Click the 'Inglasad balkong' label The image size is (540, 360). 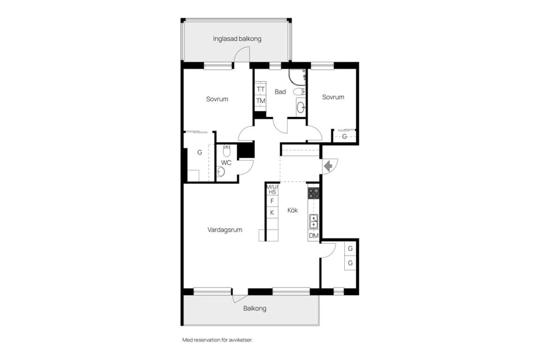click(x=237, y=39)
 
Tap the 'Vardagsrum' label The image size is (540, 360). click(x=225, y=229)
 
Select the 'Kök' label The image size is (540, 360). click(x=292, y=210)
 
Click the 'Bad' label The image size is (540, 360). click(x=280, y=92)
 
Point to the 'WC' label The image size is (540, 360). click(x=226, y=163)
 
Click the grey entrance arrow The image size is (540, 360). click(x=328, y=166)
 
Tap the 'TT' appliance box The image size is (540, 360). click(x=260, y=89)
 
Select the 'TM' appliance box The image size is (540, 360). click(x=260, y=101)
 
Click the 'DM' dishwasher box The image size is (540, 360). click(x=314, y=236)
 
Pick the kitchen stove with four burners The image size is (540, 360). click(x=314, y=193)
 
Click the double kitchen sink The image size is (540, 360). click(x=314, y=221)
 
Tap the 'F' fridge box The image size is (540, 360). click(x=272, y=201)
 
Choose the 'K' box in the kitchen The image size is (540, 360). click(x=272, y=213)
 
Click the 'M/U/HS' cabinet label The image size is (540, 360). click(x=272, y=190)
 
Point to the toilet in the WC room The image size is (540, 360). click(x=226, y=151)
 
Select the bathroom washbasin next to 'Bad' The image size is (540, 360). click(x=301, y=107)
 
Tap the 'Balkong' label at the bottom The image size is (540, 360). click(x=255, y=308)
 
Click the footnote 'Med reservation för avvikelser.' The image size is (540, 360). click(x=217, y=340)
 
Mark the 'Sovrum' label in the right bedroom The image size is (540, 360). click(x=333, y=97)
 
